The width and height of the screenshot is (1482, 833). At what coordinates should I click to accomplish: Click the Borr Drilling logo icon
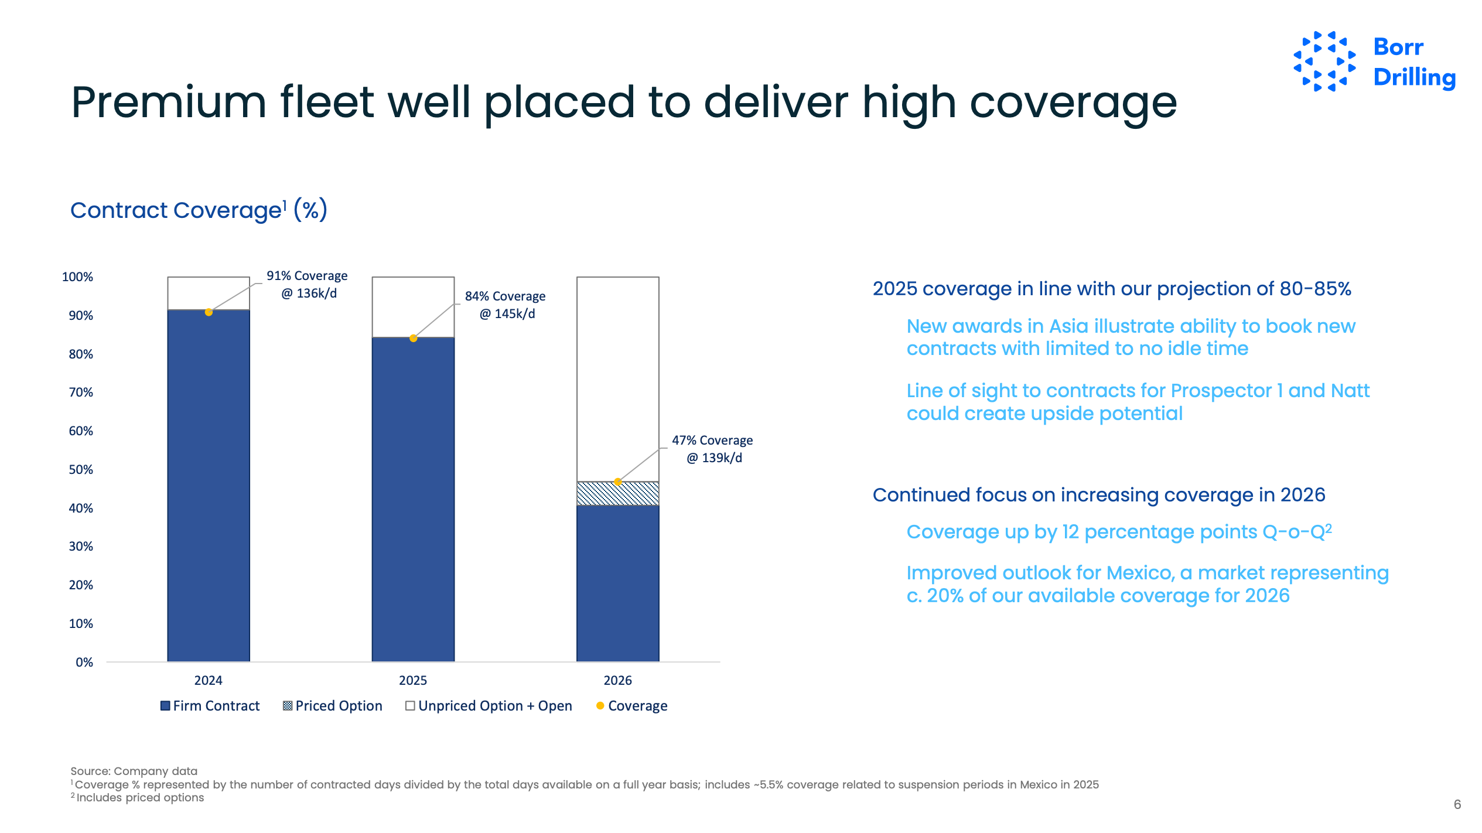1324,62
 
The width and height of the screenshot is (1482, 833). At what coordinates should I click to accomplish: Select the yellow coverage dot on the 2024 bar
209,312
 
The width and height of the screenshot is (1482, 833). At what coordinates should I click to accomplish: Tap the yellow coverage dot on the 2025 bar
413,338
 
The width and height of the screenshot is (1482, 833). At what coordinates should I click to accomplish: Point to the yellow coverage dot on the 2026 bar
617,482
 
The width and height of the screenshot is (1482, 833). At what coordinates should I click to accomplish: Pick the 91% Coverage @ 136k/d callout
307,284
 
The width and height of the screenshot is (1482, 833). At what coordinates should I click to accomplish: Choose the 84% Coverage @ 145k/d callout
506,305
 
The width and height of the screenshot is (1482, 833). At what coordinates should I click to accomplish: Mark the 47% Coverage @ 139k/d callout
712,449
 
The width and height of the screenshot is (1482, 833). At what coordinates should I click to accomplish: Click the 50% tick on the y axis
81,470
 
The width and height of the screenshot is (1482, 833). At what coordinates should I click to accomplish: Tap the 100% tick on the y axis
78,277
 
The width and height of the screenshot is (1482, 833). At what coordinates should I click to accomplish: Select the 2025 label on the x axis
413,680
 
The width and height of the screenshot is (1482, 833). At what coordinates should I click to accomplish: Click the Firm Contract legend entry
210,706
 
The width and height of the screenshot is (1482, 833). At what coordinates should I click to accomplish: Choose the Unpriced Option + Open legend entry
489,706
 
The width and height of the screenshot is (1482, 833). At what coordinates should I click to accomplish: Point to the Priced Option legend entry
333,706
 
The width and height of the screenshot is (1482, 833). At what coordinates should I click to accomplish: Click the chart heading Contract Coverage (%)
199,210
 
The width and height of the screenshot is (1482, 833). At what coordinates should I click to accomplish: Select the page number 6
1457,804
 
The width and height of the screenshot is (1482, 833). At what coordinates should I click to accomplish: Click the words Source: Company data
134,771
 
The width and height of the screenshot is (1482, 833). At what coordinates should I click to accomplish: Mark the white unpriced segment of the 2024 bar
209,293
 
